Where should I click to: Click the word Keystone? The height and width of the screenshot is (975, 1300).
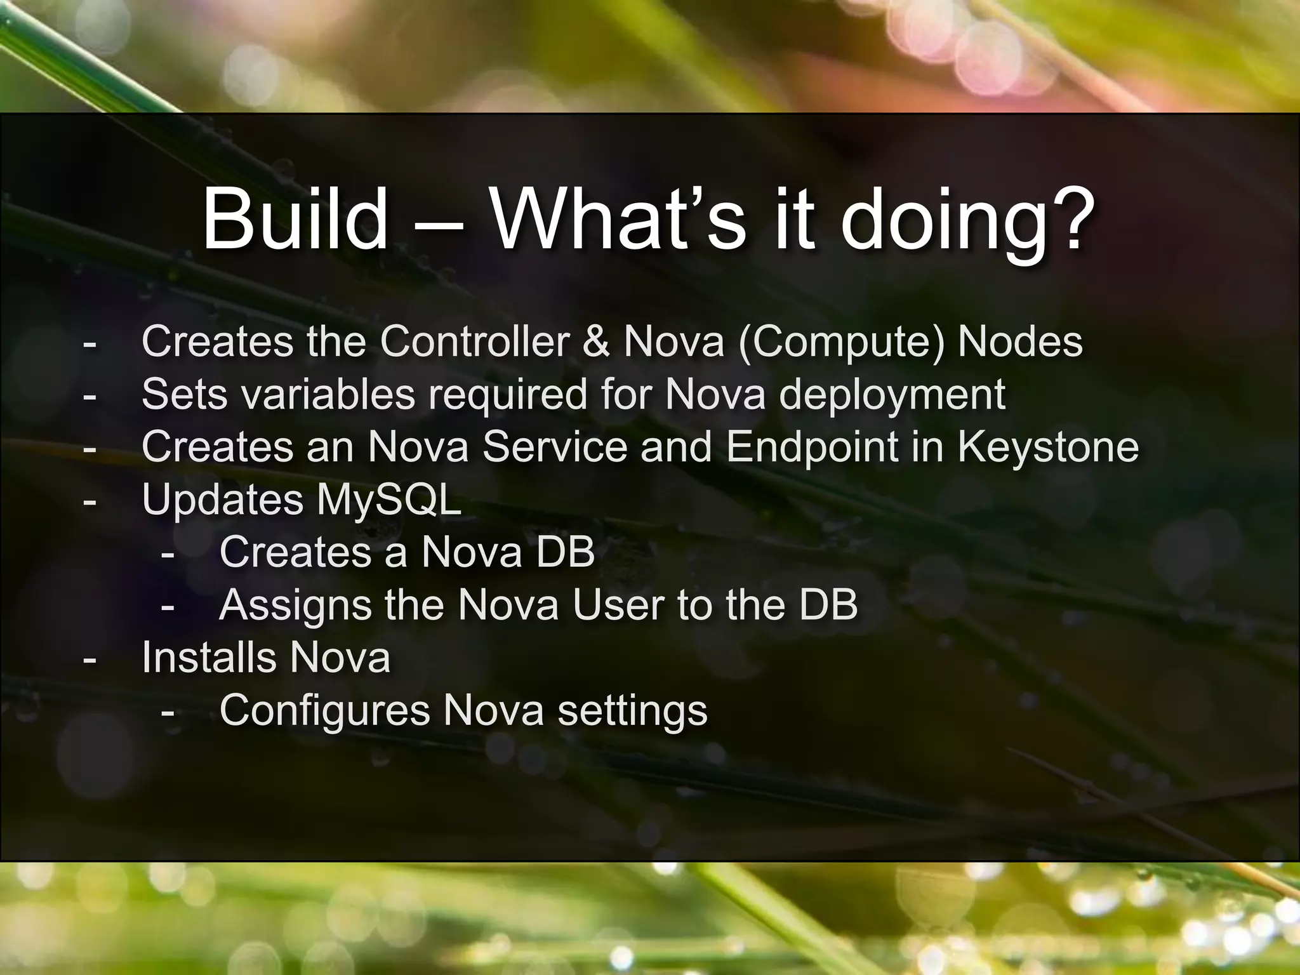[1048, 448]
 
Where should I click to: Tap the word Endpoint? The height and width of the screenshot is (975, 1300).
[812, 448]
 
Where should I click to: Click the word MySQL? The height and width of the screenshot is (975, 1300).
[389, 500]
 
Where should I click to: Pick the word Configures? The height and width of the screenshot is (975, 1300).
[324, 712]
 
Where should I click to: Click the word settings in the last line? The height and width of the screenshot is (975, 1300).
[632, 712]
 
